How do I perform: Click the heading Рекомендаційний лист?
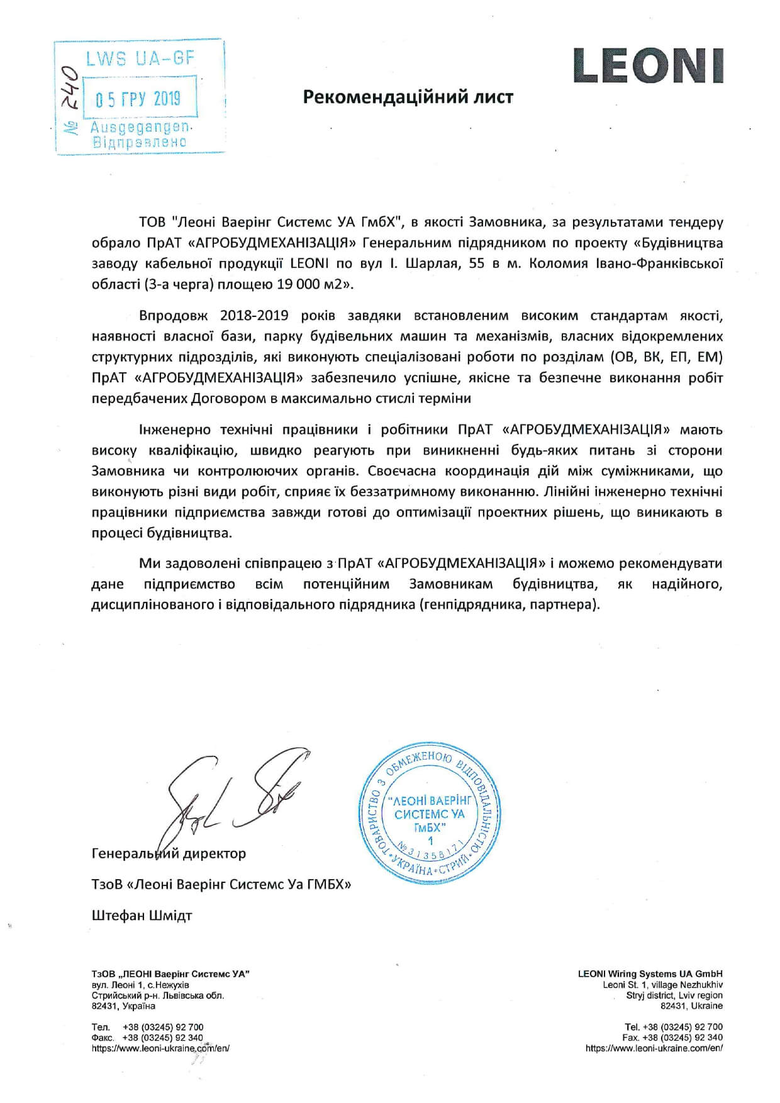[x=408, y=97]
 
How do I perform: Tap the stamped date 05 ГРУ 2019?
[x=137, y=99]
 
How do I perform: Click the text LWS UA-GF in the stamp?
[x=140, y=59]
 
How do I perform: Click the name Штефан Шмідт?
[x=142, y=915]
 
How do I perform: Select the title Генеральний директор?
[x=169, y=853]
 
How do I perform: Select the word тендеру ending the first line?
[x=694, y=223]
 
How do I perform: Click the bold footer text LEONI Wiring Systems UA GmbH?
[x=650, y=973]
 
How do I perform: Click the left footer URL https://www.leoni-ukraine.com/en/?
[x=160, y=1048]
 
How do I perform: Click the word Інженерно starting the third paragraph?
[x=175, y=430]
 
